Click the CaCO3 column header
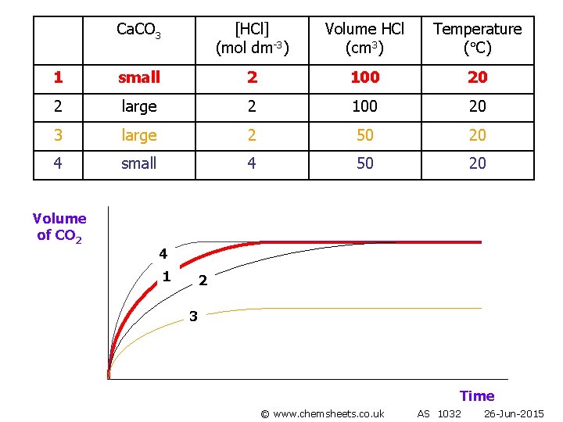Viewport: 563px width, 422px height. (x=138, y=31)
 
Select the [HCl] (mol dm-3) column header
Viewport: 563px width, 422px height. (x=252, y=38)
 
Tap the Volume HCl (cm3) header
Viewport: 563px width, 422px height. (x=364, y=38)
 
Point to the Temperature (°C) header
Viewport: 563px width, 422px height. (x=477, y=38)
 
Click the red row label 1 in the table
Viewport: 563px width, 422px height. (x=58, y=77)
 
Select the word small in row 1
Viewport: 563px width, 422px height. (x=138, y=77)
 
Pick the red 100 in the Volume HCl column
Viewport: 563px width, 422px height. (x=364, y=77)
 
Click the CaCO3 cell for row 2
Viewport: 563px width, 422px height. (x=138, y=106)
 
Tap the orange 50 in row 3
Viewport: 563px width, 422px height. (x=364, y=135)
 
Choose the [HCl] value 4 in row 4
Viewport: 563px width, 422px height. (x=252, y=163)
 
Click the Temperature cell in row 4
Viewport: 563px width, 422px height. (x=477, y=163)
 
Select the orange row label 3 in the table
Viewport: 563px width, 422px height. (x=58, y=135)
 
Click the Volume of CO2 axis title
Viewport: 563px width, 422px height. (x=59, y=227)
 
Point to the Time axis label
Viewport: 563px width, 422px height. (x=476, y=396)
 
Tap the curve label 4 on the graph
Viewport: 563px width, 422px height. (x=163, y=254)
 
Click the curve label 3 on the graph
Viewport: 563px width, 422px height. (x=194, y=316)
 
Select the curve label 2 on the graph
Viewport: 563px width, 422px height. (x=203, y=281)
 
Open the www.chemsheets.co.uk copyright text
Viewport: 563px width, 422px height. (x=322, y=413)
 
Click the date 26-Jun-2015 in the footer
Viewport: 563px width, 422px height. (x=513, y=413)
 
